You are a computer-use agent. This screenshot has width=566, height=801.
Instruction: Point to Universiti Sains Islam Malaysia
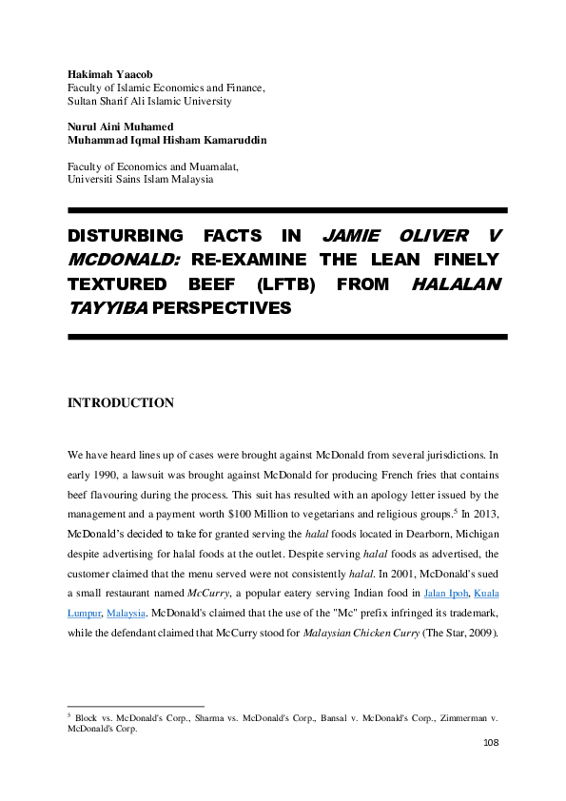pyautogui.click(x=140, y=179)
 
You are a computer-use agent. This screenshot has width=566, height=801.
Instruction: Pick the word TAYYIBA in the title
pyautogui.click(x=106, y=308)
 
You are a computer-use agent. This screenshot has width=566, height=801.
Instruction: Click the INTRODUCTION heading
pyautogui.click(x=120, y=403)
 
